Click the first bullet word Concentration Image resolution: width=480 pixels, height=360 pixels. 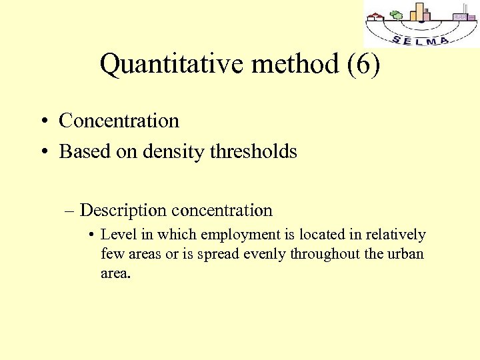[119, 121]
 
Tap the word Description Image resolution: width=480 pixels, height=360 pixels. [123, 211]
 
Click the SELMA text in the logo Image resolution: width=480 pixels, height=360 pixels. [420, 40]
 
